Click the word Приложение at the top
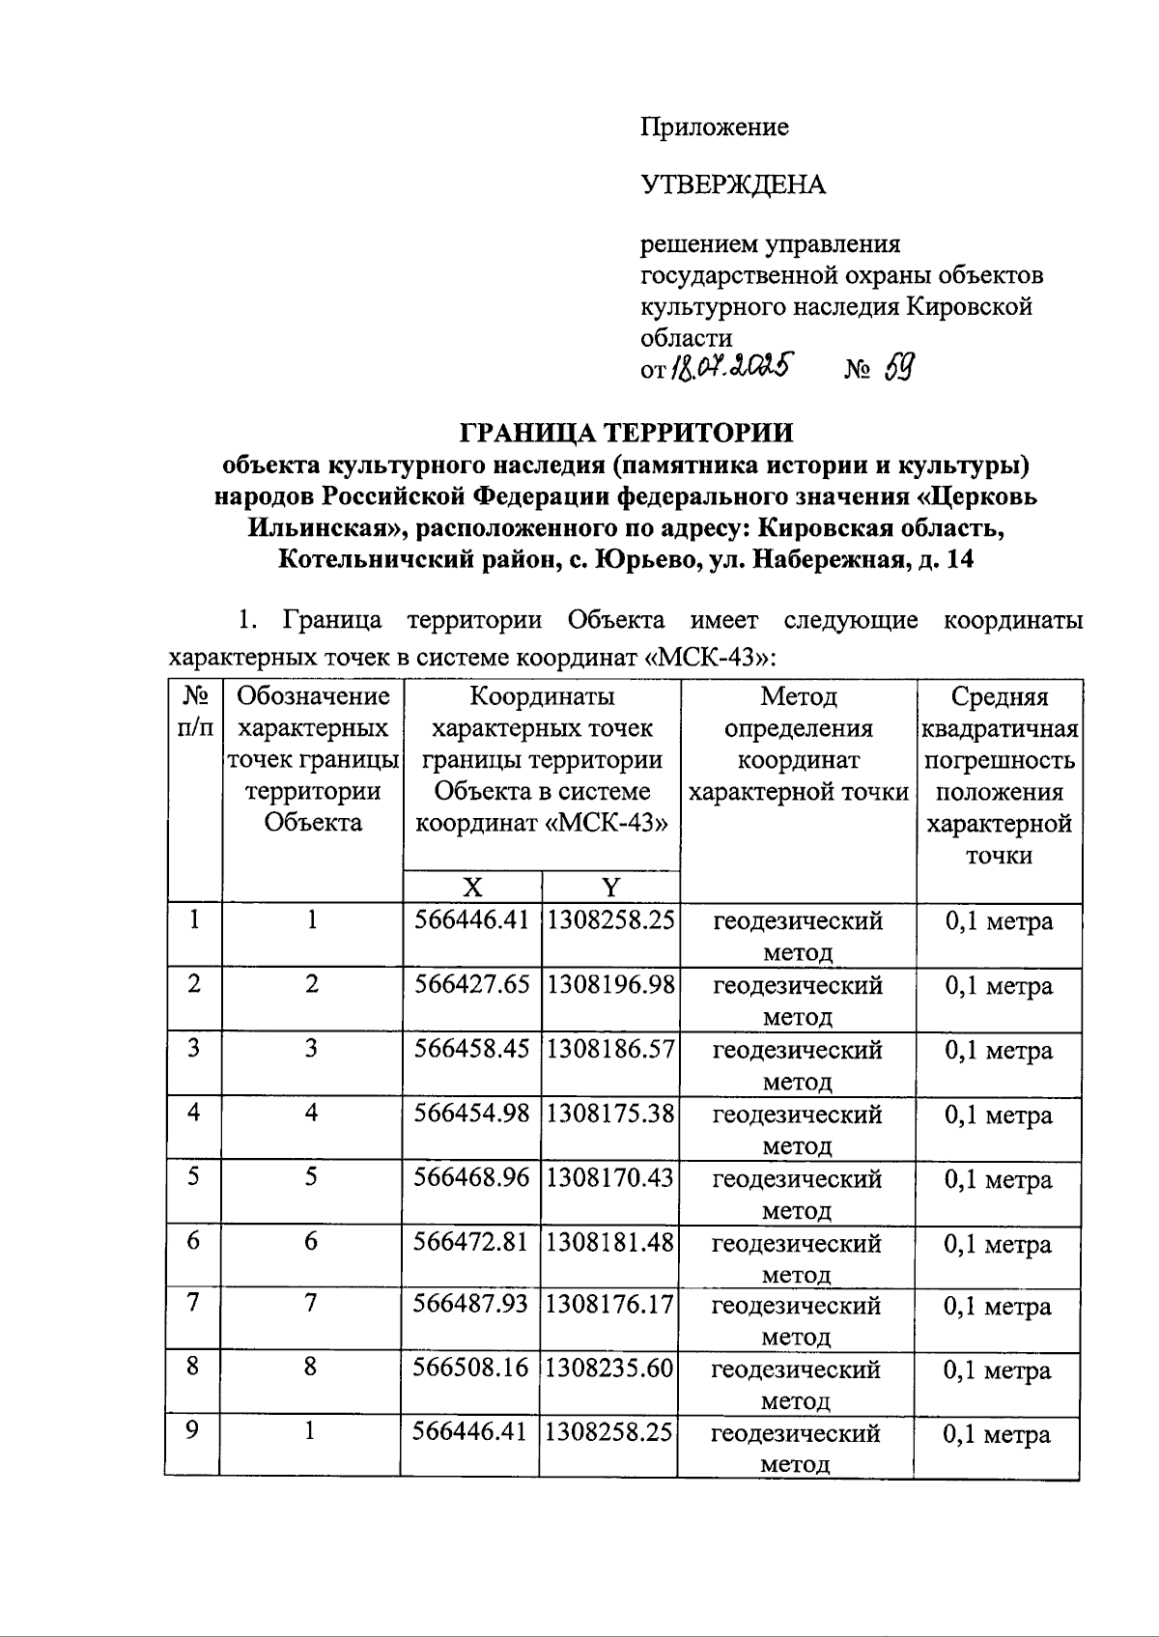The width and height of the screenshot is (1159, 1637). [x=714, y=127]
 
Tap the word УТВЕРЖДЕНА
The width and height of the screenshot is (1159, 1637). [x=733, y=184]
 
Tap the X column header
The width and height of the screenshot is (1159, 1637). [x=472, y=888]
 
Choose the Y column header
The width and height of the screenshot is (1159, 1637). [x=610, y=888]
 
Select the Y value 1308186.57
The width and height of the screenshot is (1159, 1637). [x=610, y=1049]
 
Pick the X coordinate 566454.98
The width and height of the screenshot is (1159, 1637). [x=472, y=1114]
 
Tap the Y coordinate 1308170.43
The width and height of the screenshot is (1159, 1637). [x=610, y=1177]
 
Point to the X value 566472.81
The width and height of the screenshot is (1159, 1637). [x=471, y=1241]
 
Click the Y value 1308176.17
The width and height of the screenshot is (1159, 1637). [x=609, y=1305]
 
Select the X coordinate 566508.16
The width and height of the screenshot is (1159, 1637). [x=470, y=1369]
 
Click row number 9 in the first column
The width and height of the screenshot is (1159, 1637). [x=193, y=1430]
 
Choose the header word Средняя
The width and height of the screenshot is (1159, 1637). [x=1000, y=696]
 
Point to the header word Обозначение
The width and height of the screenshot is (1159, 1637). [x=313, y=696]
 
